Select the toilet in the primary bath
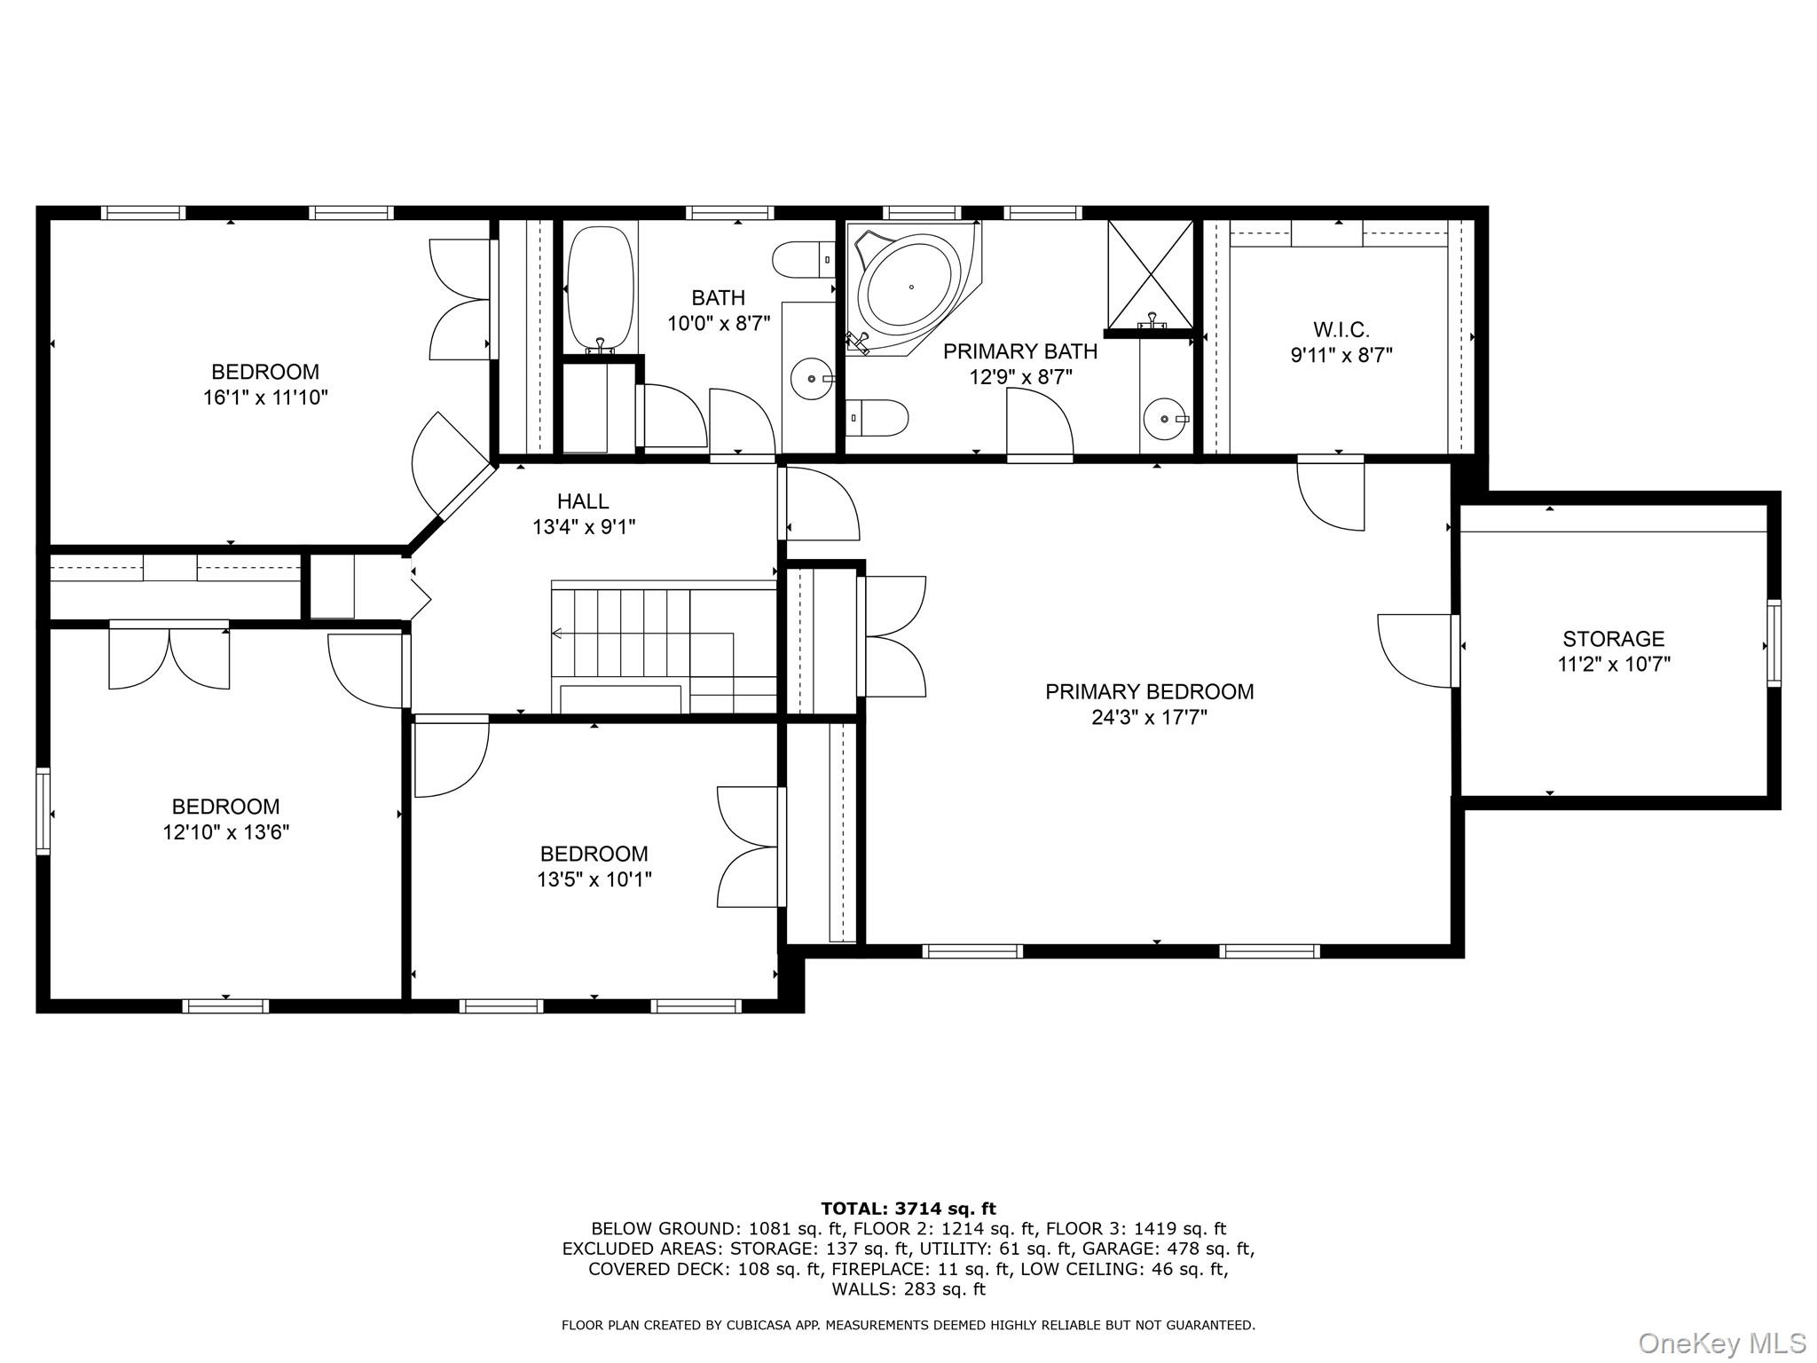(x=877, y=416)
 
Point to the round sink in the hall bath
(x=812, y=379)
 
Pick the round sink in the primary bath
(x=1163, y=418)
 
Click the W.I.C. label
(x=1341, y=330)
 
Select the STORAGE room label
(x=1613, y=638)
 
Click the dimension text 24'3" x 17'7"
(x=1149, y=717)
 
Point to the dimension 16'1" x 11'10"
(x=265, y=397)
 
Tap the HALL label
(x=583, y=501)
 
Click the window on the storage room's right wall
(x=1773, y=642)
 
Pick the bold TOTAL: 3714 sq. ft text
(x=908, y=1208)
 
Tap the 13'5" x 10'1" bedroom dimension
(x=594, y=878)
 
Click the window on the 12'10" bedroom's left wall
(x=43, y=811)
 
